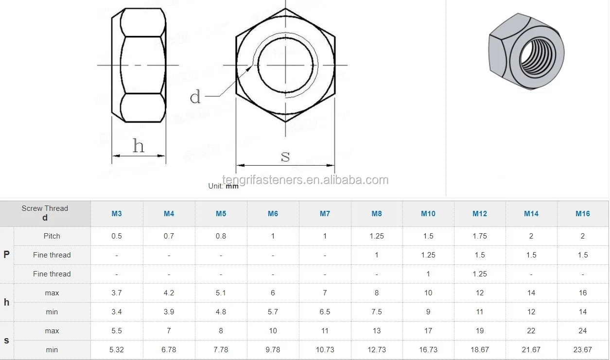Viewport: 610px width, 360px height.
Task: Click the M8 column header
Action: click(377, 214)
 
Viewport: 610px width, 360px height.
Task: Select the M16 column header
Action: click(583, 214)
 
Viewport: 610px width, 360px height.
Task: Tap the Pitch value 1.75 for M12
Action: click(480, 236)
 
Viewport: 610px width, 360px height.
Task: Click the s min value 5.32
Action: click(117, 350)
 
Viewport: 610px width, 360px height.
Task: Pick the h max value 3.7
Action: click(117, 293)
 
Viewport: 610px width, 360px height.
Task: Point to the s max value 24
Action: click(583, 331)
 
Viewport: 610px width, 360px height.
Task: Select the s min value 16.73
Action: click(428, 350)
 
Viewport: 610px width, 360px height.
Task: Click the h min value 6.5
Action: click(325, 312)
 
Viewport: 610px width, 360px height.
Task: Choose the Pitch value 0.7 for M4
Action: click(169, 236)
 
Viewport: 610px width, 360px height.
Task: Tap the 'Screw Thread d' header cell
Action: click(45, 213)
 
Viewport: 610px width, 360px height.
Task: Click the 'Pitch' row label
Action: click(52, 236)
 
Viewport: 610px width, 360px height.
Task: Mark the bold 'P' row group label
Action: click(6, 255)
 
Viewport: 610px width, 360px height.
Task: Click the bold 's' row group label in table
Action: click(6, 341)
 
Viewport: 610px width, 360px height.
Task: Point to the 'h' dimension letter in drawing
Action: click(139, 145)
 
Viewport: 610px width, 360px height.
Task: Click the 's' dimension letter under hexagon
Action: click(285, 156)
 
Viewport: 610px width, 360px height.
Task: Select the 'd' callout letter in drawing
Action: click(195, 97)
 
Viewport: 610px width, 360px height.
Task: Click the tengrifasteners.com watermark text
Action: click(305, 180)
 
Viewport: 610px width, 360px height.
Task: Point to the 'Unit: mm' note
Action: click(224, 186)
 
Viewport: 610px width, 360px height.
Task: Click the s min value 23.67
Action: click(583, 350)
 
